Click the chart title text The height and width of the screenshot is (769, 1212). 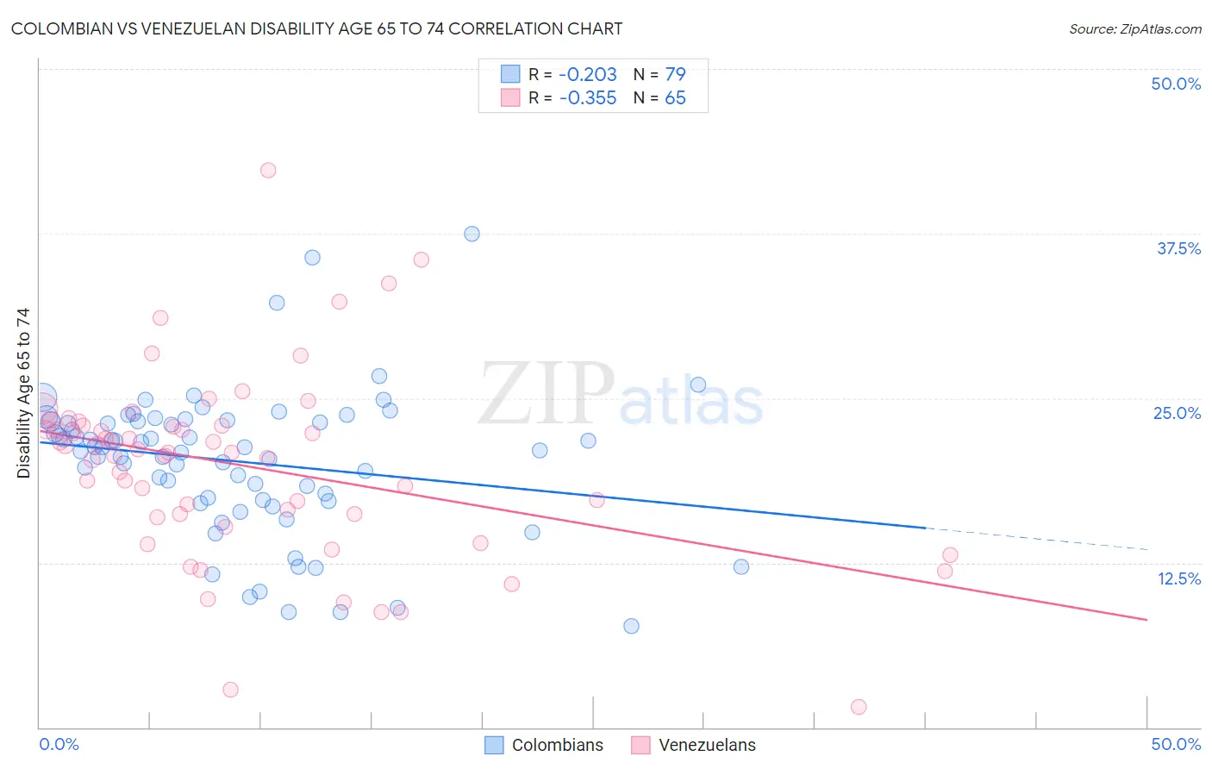coord(316,28)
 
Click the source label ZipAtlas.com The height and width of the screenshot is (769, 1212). coord(1134,28)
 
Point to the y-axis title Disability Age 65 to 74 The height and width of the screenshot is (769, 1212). coord(23,393)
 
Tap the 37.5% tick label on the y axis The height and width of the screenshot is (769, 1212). coord(1178,248)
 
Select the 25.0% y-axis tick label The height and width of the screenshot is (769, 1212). coord(1177,413)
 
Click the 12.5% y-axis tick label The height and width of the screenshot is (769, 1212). coord(1178,578)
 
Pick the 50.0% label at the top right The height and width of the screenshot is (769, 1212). coord(1176,84)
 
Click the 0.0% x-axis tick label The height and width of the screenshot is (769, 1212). coord(59,744)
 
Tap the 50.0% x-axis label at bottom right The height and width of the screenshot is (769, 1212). coord(1176,744)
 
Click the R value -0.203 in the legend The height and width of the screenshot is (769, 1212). coord(588,74)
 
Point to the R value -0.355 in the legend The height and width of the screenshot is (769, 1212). coord(588,98)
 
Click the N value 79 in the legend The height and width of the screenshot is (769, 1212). coord(675,74)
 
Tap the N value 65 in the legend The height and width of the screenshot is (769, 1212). coord(675,98)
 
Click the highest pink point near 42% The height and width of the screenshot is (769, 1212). coord(268,171)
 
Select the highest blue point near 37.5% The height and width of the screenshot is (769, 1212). coord(472,234)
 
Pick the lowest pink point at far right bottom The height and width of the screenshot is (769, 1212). coord(859,707)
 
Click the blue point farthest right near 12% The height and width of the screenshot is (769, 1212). coord(741,567)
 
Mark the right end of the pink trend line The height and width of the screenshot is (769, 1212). coord(1146,620)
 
